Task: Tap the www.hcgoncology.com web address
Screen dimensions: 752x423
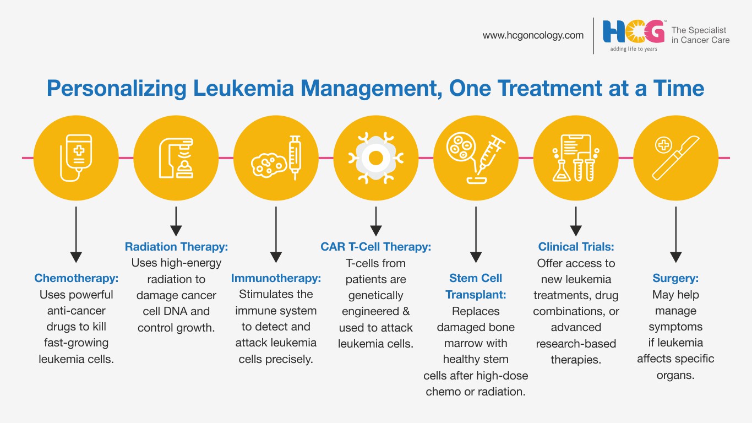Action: point(533,35)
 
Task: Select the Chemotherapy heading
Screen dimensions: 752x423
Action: point(76,278)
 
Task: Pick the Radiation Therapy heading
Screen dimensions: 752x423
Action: point(176,247)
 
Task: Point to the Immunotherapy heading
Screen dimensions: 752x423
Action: point(276,278)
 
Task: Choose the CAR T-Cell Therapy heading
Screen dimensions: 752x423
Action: point(375,247)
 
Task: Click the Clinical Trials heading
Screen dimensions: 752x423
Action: point(576,247)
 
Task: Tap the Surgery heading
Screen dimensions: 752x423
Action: point(675,278)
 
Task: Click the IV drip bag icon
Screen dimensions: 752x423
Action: point(76,158)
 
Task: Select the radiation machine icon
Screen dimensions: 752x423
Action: point(176,158)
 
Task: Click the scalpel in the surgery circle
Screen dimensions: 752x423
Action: point(675,158)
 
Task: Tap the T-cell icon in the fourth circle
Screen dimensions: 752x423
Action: point(375,158)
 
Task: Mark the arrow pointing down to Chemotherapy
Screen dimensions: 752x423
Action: point(76,235)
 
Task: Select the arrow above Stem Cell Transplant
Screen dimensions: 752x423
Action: point(476,235)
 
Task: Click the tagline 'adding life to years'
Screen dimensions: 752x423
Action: point(634,49)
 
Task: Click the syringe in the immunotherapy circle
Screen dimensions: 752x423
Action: point(295,158)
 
